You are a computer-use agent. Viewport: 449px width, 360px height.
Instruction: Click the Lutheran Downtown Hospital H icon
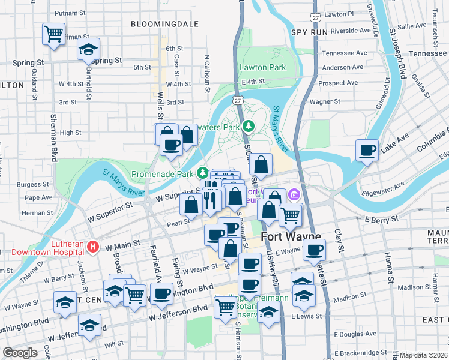pyautogui.click(x=92, y=246)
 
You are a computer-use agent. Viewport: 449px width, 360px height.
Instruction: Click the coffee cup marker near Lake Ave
pyautogui.click(x=367, y=149)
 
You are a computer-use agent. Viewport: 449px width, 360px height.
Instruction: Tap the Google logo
pyautogui.click(x=20, y=352)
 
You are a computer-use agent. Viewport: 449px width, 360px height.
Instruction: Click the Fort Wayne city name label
pyautogui.click(x=291, y=237)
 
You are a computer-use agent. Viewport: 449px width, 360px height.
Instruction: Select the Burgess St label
pyautogui.click(x=33, y=185)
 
